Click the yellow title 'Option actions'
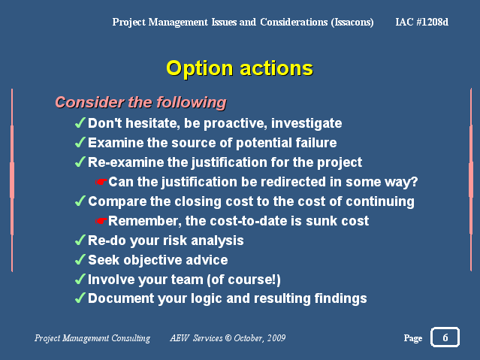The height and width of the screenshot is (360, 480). coord(240,68)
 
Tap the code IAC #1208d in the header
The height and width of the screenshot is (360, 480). coord(422,22)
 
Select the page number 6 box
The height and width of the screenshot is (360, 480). coord(445,337)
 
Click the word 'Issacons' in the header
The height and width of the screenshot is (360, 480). coord(352,22)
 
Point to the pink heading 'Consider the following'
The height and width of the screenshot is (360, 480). coord(140,102)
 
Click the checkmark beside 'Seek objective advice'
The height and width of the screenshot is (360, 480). coord(80,259)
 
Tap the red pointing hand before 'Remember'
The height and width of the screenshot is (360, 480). coord(101,221)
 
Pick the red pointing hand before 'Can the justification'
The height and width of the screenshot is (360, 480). coord(101,182)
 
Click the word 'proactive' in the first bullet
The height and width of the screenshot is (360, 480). coord(234,124)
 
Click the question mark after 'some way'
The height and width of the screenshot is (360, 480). coord(413,181)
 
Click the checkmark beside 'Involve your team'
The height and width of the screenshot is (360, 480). coord(80,279)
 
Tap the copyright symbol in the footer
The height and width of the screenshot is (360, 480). coord(228,338)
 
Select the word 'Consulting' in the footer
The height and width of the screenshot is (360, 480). coord(131,338)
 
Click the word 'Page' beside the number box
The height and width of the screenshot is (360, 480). coord(413,338)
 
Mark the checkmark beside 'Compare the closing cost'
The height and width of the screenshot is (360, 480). coord(80,201)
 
